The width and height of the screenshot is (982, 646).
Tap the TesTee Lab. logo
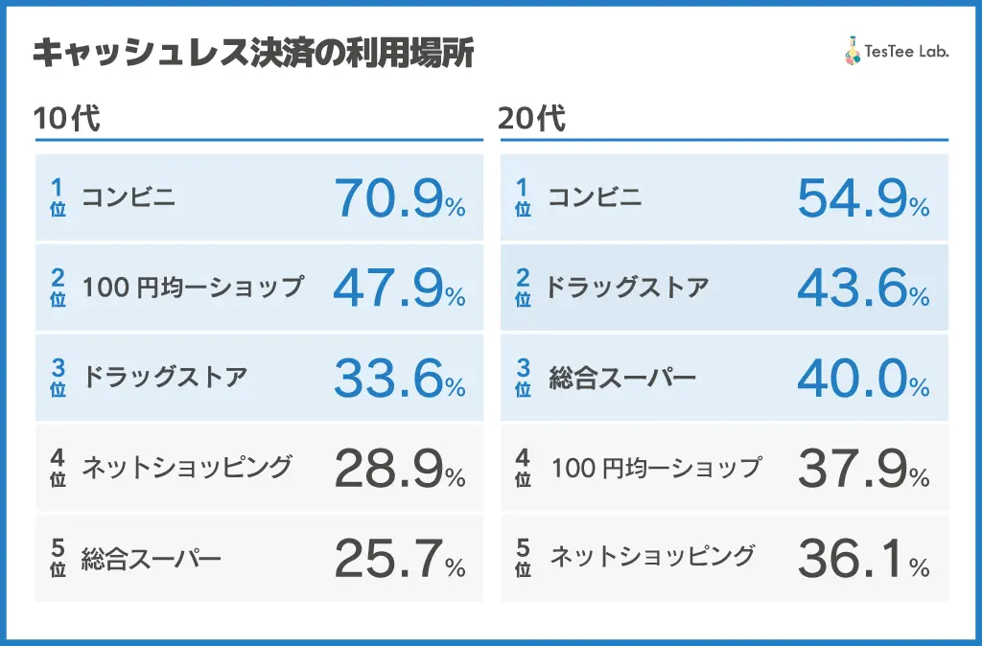point(896,53)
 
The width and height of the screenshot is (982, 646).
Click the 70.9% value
point(399,198)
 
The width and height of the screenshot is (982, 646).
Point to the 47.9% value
point(399,288)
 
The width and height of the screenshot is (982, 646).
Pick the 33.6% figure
point(399,379)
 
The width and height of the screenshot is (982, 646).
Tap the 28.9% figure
point(399,469)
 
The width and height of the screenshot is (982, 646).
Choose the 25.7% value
point(399,559)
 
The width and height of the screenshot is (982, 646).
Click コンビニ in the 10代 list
point(129,198)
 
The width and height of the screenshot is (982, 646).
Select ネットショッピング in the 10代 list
point(186,467)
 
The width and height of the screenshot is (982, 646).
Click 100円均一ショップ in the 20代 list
point(655,468)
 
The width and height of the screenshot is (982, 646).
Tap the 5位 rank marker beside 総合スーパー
point(58,559)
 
